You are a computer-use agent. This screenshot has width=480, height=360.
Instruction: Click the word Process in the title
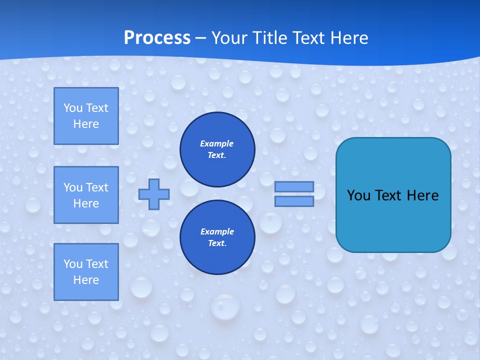(x=157, y=38)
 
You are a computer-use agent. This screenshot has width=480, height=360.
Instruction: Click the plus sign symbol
(x=153, y=194)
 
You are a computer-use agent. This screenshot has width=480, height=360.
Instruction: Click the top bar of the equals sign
(x=294, y=186)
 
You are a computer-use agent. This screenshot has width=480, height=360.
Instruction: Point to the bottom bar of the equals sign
(x=294, y=201)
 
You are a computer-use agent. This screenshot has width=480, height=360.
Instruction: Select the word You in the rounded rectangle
(x=358, y=195)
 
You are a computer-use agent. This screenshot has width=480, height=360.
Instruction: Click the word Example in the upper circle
(x=216, y=143)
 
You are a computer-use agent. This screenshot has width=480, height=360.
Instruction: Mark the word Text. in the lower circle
(x=217, y=243)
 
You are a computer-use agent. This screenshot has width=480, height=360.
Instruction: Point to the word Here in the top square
(x=86, y=124)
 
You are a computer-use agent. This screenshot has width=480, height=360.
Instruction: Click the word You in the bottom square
(x=73, y=264)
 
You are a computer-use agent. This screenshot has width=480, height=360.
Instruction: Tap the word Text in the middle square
(x=96, y=187)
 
